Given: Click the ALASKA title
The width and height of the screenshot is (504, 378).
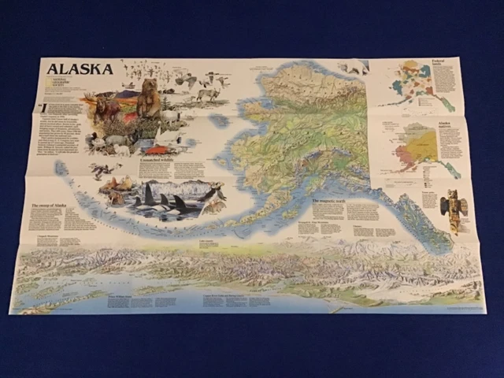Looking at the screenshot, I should click(x=80, y=69).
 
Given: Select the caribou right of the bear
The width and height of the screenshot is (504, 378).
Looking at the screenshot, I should click(x=208, y=95).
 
